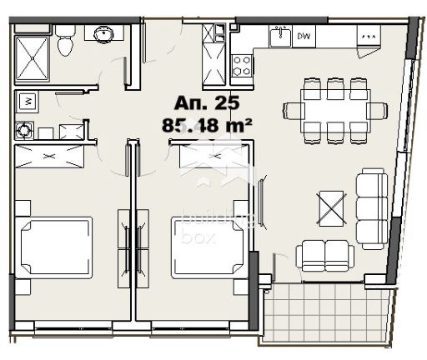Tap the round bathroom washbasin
103,35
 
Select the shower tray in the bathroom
34,57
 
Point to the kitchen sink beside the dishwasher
280,36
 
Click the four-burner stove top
242,64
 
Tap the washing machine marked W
26,102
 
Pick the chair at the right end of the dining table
378,110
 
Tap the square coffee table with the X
331,207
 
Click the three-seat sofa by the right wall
371,207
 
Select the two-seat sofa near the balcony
325,254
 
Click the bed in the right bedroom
208,247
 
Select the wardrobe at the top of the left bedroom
50,156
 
